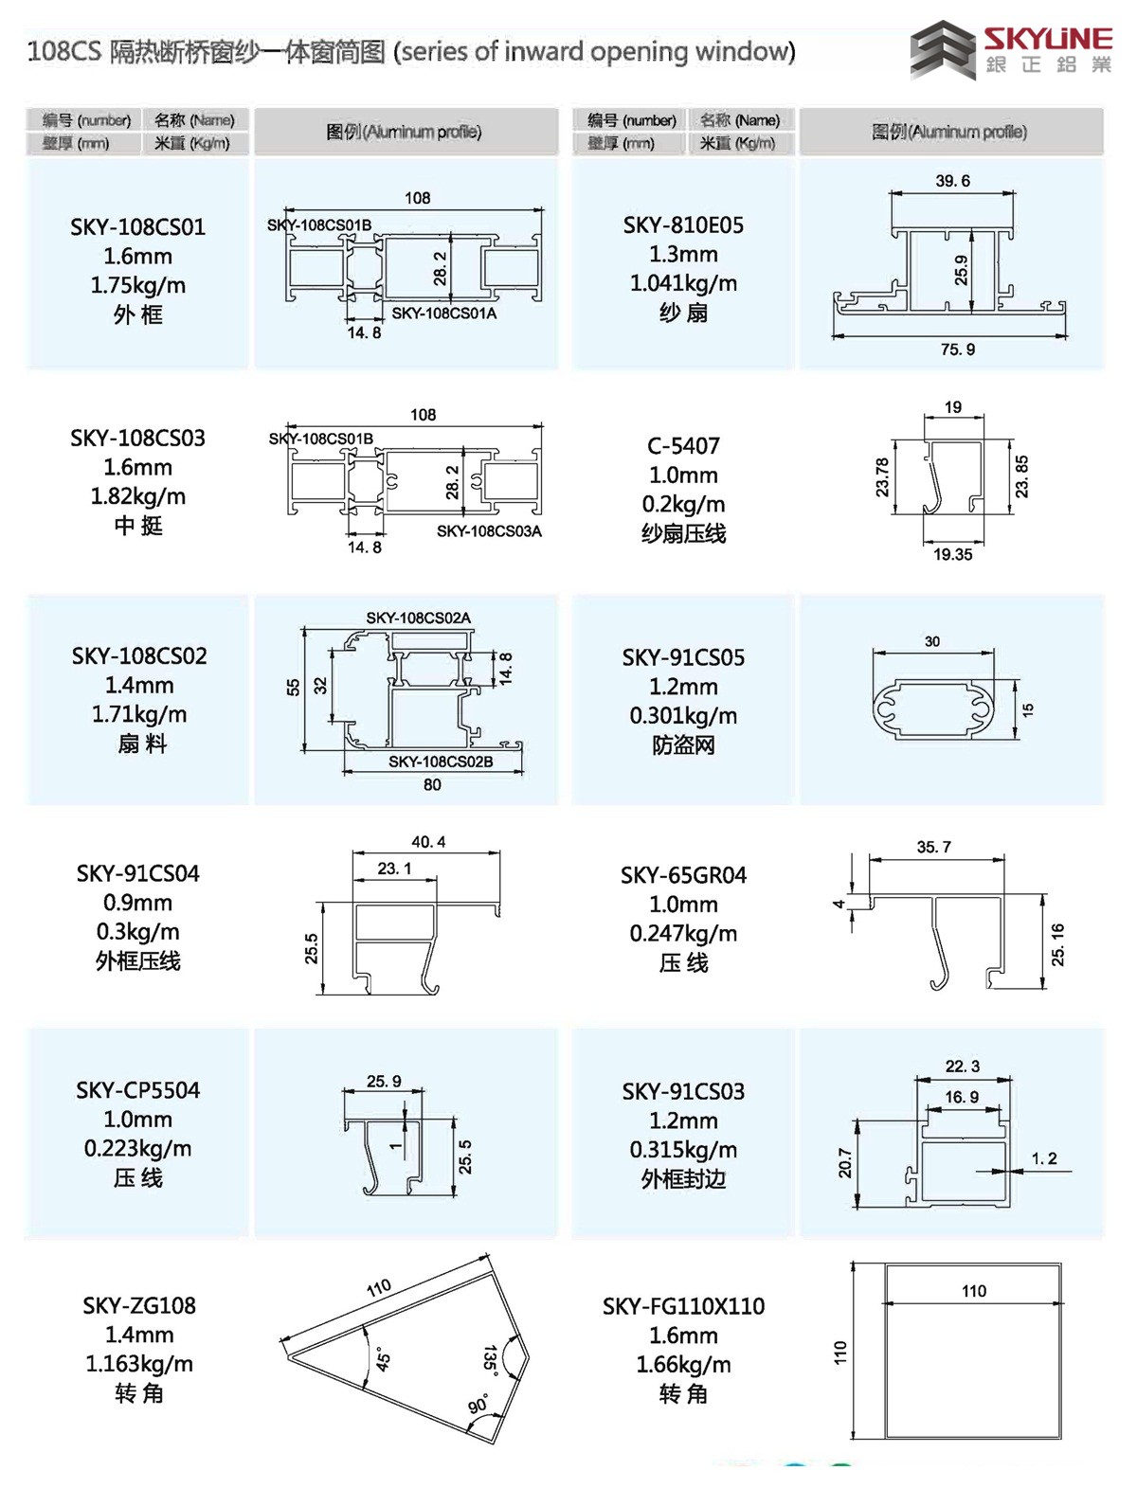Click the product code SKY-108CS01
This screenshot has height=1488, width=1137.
(x=137, y=227)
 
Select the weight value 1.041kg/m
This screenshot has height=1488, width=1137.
(x=683, y=283)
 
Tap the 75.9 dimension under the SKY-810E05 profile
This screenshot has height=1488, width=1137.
(x=957, y=350)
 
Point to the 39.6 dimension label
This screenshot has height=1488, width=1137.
(x=952, y=181)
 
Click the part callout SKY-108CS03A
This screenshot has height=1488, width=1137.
(x=489, y=530)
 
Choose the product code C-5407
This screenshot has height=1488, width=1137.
(x=683, y=446)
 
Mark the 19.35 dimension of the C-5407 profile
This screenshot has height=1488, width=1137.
(x=952, y=554)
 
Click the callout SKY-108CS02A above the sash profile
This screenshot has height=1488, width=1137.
(x=419, y=618)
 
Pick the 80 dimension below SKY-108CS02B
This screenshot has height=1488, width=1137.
(x=432, y=784)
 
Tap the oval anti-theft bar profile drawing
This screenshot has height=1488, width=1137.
(x=933, y=709)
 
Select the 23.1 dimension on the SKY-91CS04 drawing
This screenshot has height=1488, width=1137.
(x=394, y=869)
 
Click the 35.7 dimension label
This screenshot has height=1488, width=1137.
(x=933, y=847)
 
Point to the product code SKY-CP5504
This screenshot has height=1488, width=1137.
(x=137, y=1091)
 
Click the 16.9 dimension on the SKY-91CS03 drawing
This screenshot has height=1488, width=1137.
(x=962, y=1097)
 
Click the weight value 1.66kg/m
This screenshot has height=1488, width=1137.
(x=683, y=1365)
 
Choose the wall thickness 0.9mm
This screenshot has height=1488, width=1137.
(x=137, y=903)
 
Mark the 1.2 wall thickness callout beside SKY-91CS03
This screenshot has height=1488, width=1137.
(x=1044, y=1158)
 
